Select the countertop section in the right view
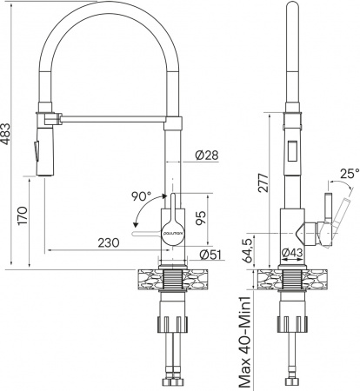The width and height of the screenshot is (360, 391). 295,281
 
